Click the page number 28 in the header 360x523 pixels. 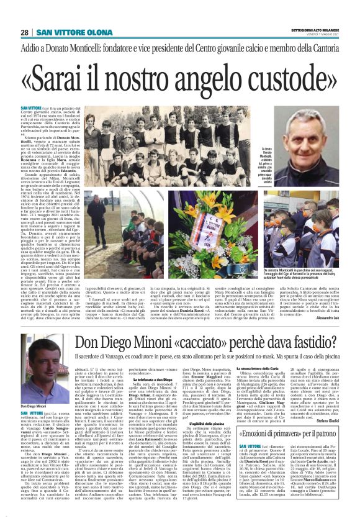coord(24,32)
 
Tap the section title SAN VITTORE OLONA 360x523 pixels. coord(66,32)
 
